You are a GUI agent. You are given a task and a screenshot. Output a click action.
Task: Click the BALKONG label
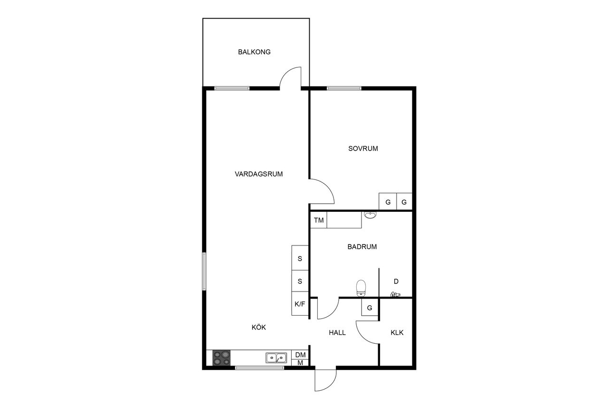pos(254,52)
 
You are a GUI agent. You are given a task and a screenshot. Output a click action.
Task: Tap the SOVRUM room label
pos(363,149)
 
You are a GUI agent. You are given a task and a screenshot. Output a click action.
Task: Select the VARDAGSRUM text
pos(259,174)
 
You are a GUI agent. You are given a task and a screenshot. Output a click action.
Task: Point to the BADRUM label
pos(362,246)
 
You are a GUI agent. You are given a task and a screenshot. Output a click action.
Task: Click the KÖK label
pos(259,327)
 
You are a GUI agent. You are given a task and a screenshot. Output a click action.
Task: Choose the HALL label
pos(337,332)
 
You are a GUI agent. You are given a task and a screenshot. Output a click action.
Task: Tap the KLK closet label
pos(397,332)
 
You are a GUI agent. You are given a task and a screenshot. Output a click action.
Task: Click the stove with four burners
pos(221,358)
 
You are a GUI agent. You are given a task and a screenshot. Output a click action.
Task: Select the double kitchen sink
pos(276,358)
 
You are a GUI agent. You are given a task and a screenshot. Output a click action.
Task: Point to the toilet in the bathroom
pos(361,288)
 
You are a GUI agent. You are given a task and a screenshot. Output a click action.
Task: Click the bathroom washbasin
pos(370,215)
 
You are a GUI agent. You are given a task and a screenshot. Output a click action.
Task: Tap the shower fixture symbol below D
pos(395,294)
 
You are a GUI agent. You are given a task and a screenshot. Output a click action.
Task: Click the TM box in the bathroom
pos(319,220)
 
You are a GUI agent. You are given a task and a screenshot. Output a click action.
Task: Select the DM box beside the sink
pos(300,355)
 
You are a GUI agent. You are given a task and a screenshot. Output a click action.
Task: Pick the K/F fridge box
pos(300,303)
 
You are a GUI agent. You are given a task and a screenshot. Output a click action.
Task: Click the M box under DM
pos(300,362)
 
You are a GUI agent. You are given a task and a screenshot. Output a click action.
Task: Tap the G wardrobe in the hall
pos(370,308)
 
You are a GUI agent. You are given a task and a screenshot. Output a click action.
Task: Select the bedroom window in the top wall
pos(344,88)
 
